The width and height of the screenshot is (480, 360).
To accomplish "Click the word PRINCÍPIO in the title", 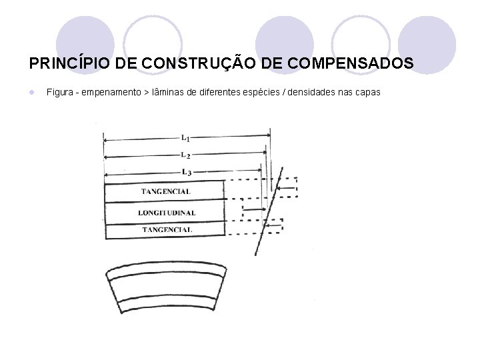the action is click(70, 63).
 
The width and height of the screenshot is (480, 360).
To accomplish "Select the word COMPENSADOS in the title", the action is click(347, 63).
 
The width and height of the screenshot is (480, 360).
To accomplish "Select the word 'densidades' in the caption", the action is click(315, 92).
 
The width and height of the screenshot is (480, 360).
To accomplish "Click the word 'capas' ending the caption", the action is click(367, 92).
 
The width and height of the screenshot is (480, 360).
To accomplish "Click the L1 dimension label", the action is click(185, 139).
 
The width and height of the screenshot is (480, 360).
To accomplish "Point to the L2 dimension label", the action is click(185, 155).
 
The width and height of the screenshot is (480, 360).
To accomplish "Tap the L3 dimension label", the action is click(185, 173).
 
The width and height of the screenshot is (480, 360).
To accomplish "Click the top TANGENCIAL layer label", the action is click(165, 192).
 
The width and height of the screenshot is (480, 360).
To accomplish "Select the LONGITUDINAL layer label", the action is click(167, 213).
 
